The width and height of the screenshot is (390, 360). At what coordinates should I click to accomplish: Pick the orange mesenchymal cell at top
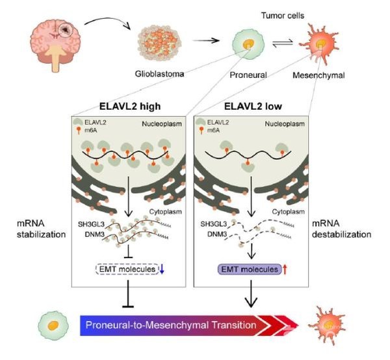pos(318,46)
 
